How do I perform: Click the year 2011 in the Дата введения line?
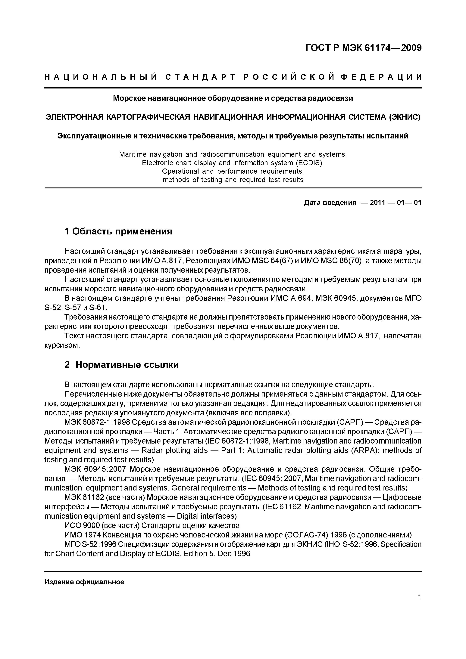pyautogui.click(x=377, y=203)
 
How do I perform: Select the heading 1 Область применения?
pyautogui.click(x=118, y=231)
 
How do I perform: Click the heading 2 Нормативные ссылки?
pyautogui.click(x=121, y=365)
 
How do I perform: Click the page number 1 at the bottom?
pyautogui.click(x=420, y=597)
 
